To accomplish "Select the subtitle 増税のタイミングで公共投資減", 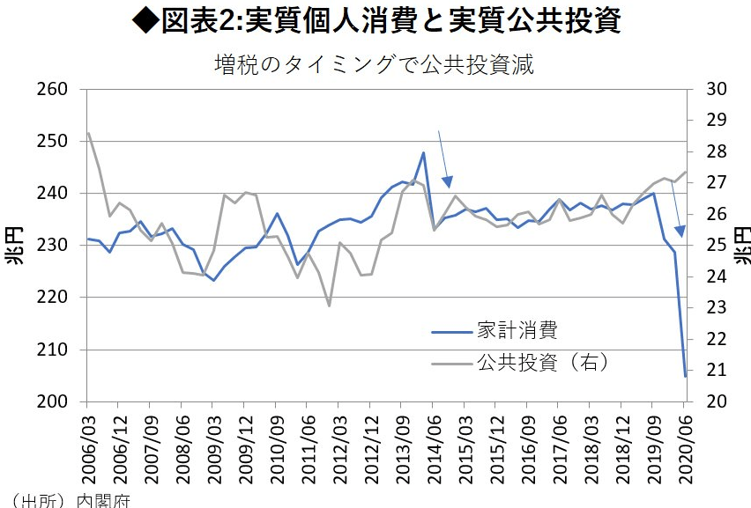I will (375, 64).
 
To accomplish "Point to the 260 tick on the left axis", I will (55, 90).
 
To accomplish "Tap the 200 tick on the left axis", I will (55, 401).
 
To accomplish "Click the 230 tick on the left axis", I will (55, 246).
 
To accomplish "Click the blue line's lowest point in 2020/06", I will (685, 376).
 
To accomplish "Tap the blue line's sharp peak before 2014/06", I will (424, 153).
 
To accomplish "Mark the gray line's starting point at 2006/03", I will (88, 134).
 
